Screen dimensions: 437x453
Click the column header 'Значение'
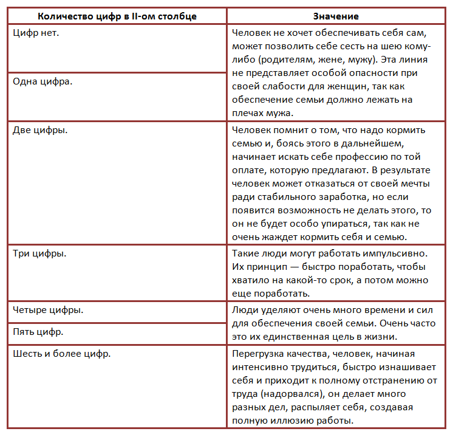336,16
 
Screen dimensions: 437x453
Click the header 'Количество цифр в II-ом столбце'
117,16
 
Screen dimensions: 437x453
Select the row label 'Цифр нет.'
36,32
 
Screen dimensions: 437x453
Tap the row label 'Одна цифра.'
42,81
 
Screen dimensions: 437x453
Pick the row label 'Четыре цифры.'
48,309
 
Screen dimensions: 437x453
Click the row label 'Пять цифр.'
38,332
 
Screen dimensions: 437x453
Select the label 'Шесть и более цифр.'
61,353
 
